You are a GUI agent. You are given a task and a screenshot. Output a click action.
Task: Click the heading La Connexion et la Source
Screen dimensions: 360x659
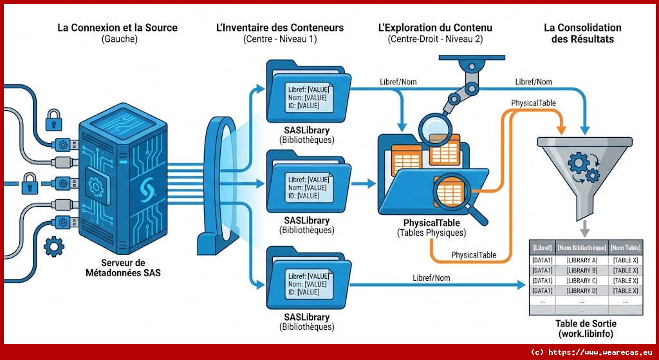point(117,28)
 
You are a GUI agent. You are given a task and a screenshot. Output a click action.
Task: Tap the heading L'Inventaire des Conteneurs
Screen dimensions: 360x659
point(279,28)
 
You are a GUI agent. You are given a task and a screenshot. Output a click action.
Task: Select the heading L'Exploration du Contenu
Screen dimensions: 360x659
point(436,28)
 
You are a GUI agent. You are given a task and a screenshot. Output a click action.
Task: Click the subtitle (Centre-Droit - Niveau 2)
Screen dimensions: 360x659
point(436,39)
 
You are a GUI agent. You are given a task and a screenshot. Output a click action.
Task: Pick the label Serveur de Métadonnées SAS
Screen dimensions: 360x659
point(123,267)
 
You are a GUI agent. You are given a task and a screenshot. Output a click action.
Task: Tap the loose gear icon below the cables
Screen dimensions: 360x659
point(53,245)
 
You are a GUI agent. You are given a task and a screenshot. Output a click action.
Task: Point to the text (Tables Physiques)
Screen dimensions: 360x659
point(431,233)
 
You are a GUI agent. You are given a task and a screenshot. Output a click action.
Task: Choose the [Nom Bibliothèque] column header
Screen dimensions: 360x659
point(582,247)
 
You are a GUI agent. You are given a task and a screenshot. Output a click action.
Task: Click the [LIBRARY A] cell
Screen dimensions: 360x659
point(582,260)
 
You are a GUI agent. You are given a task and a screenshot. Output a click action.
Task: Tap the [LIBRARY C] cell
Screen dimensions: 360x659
point(582,280)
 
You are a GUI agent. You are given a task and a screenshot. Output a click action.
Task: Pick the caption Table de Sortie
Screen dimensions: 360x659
point(586,324)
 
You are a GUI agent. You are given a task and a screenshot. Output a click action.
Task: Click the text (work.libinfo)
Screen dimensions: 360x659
point(586,334)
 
